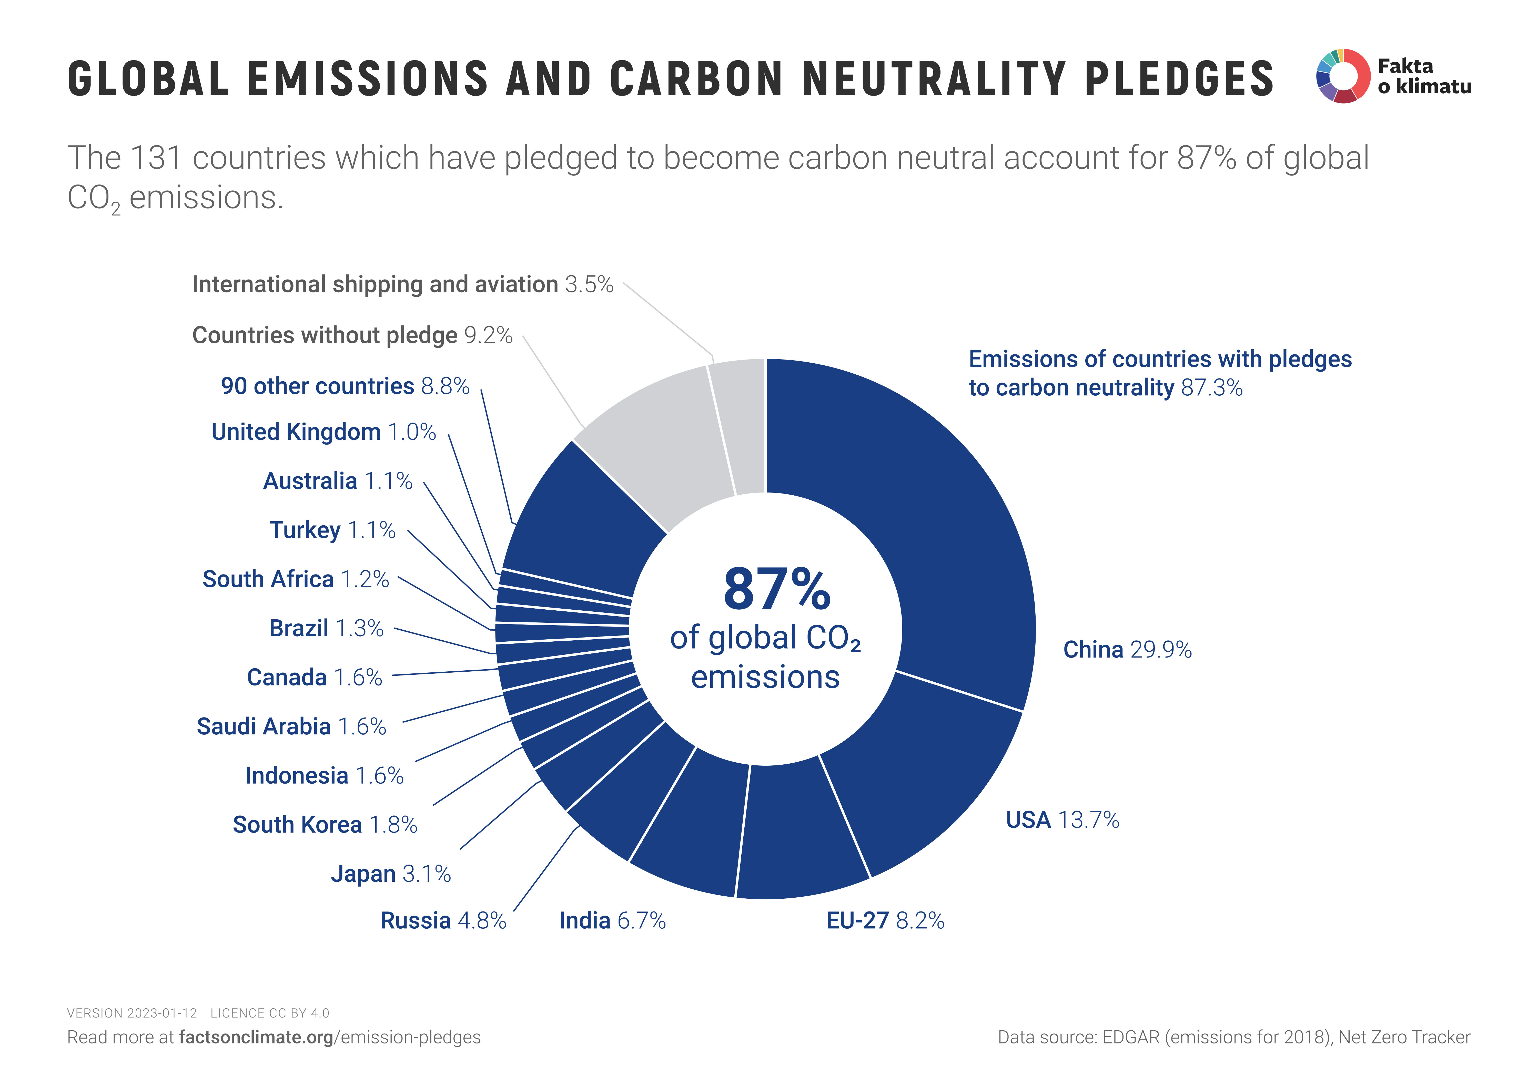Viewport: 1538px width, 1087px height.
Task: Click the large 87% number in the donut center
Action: click(777, 589)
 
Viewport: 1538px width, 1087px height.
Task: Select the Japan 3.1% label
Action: click(391, 874)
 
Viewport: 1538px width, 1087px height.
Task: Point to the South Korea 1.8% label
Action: click(325, 824)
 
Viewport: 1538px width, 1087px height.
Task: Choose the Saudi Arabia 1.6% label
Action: click(291, 727)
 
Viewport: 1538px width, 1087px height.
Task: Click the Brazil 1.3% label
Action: click(326, 628)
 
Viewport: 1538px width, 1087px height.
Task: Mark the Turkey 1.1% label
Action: click(332, 530)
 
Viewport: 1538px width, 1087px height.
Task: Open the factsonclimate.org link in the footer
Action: click(256, 1038)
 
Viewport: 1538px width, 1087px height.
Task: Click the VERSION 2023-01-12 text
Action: click(132, 1013)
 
